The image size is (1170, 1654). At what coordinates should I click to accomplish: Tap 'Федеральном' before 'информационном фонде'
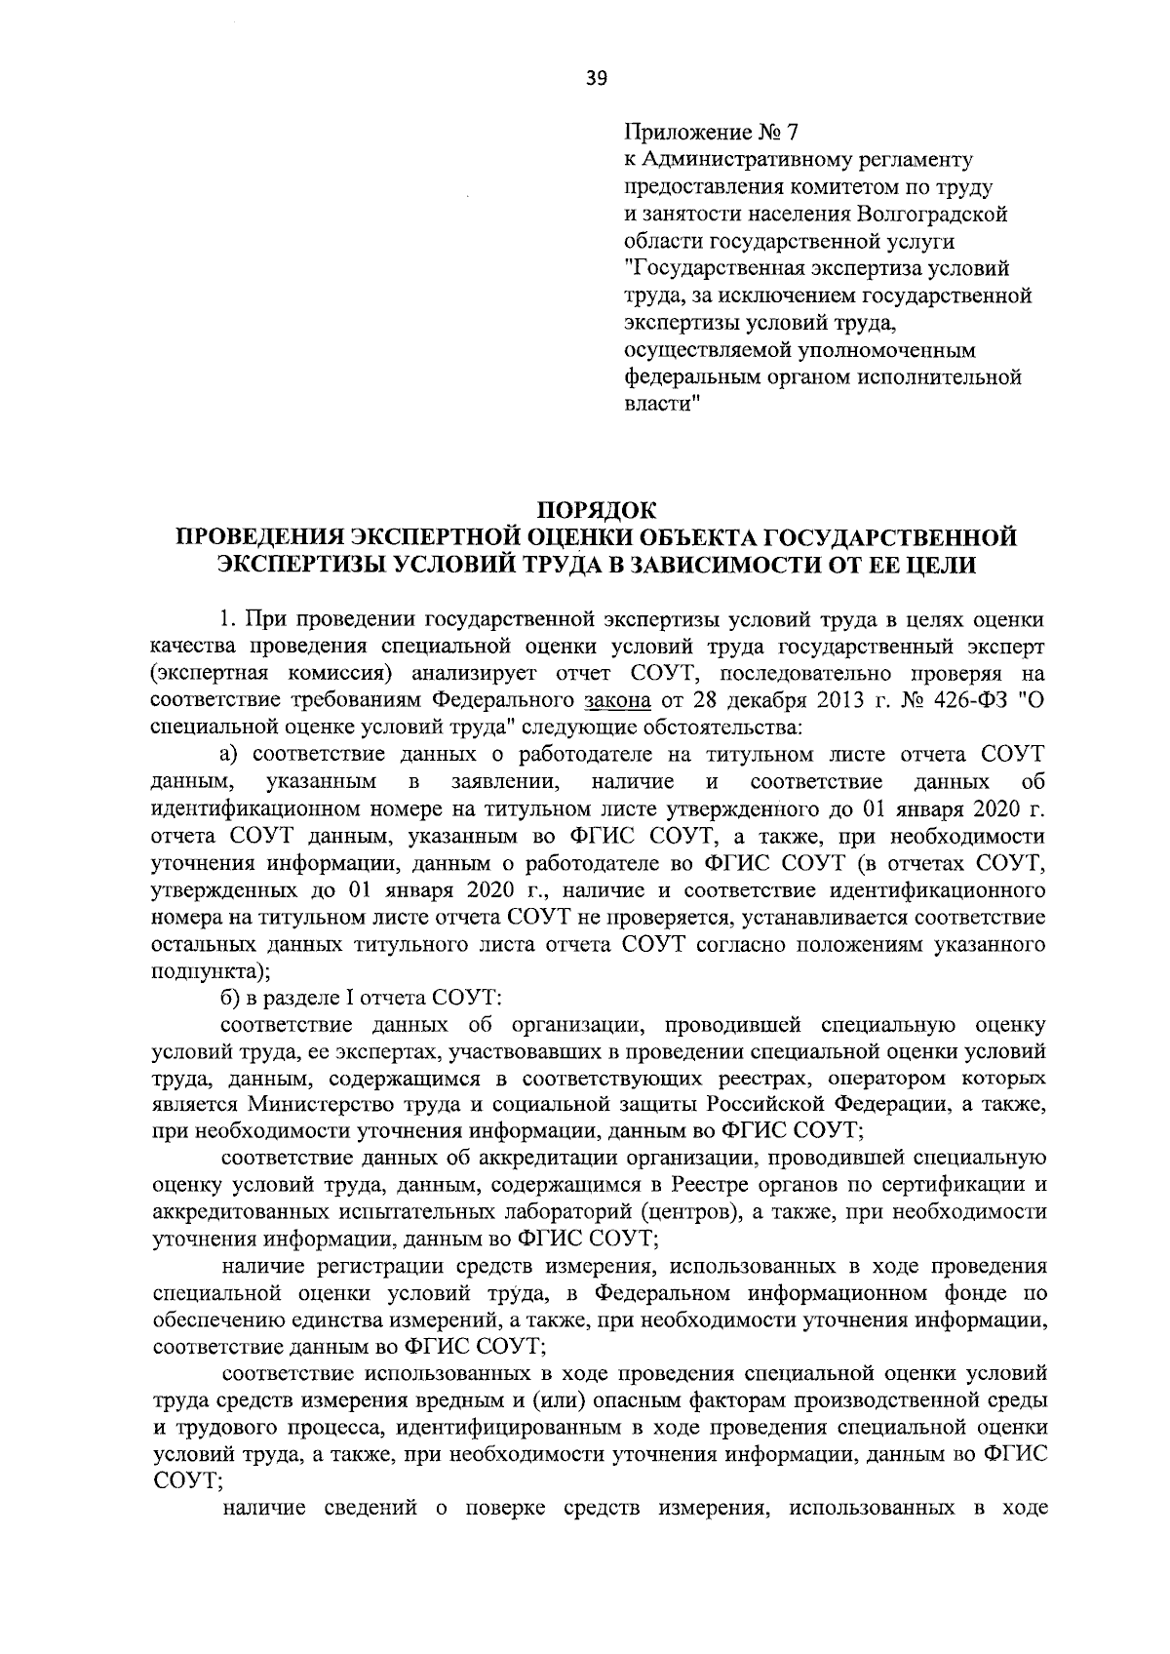(x=662, y=1294)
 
